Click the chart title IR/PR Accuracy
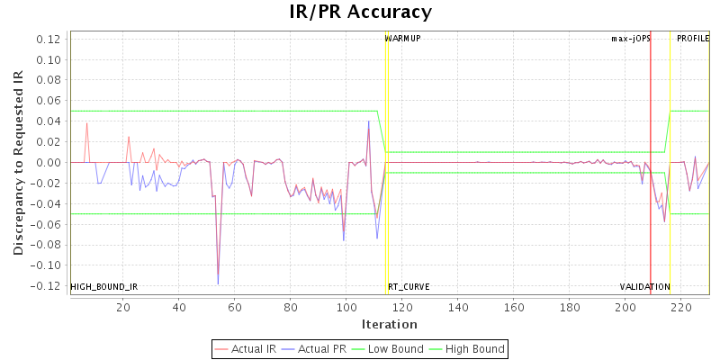[360, 13]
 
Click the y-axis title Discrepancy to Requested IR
[18, 162]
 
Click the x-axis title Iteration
[389, 324]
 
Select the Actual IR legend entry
[247, 348]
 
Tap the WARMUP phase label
[402, 39]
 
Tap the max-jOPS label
[630, 39]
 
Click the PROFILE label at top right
[693, 39]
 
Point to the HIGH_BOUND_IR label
[104, 287]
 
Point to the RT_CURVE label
[409, 287]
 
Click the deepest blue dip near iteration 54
[218, 283]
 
